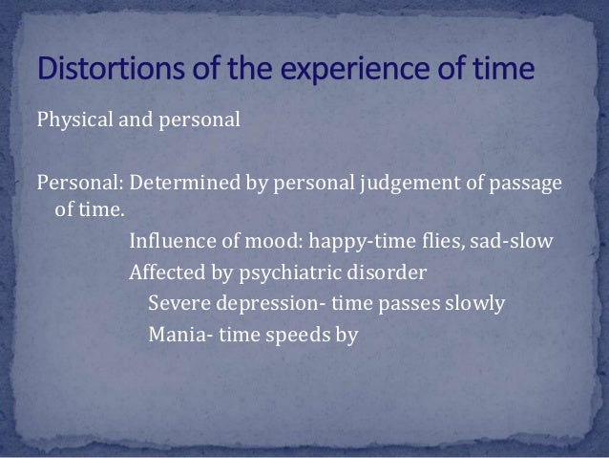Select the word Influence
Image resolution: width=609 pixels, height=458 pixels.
pyautogui.click(x=167, y=240)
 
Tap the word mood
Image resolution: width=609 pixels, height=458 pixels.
pyautogui.click(x=252, y=240)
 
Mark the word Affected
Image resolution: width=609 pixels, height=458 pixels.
pyautogui.click(x=163, y=272)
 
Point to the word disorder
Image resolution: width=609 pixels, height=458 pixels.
pyautogui.click(x=392, y=272)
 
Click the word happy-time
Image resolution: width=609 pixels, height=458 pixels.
pyautogui.click(x=323, y=240)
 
